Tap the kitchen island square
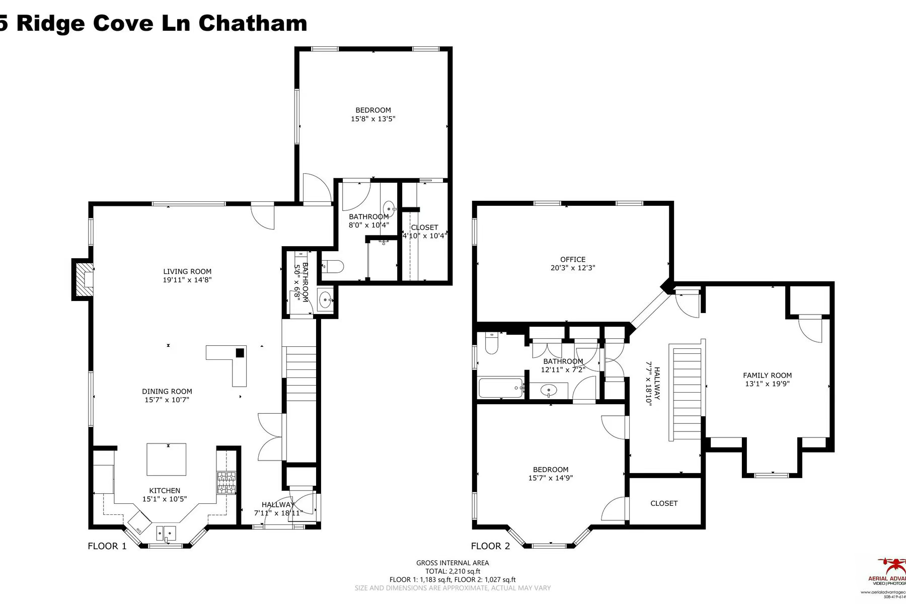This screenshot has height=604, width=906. [x=166, y=459]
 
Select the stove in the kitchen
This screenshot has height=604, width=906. [x=226, y=482]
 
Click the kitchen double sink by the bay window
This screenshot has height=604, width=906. [x=166, y=532]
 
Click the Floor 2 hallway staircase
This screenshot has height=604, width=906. [x=687, y=392]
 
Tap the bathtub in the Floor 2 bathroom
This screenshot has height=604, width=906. [x=500, y=388]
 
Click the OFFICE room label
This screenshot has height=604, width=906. [x=573, y=260]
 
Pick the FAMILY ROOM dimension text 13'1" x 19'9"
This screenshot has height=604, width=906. [x=767, y=384]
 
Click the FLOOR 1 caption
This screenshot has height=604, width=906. [x=107, y=546]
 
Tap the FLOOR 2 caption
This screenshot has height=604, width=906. [x=490, y=546]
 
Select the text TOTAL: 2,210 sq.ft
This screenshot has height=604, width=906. [x=452, y=571]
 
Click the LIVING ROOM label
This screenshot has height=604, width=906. [x=187, y=271]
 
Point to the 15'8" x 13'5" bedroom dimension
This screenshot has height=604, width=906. [x=373, y=119]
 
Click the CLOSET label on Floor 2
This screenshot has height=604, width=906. [x=664, y=503]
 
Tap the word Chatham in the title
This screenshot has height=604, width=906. [x=252, y=23]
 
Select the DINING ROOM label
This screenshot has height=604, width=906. [x=167, y=391]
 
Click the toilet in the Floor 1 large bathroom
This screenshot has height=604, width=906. [x=332, y=265]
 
